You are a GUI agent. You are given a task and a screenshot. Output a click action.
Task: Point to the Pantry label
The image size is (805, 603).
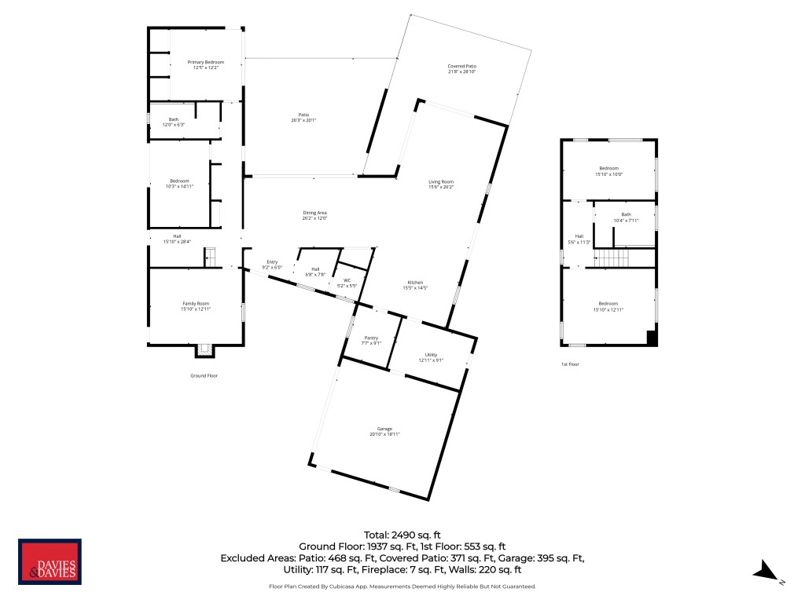[370, 340]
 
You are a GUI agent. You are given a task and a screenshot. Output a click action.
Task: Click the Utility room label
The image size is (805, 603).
[431, 357]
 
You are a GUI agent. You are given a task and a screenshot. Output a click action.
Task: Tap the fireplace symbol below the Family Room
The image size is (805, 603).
[204, 350]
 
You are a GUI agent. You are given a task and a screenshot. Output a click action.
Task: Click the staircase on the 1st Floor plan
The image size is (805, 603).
[613, 258]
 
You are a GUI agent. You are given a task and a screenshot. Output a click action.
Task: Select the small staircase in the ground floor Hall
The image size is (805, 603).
[210, 257]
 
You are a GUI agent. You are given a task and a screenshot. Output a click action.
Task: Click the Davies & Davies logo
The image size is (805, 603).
[50, 562]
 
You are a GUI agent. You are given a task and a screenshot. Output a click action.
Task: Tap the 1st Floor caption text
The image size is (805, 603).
[570, 365]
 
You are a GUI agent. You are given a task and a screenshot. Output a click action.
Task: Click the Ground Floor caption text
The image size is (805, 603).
[204, 376]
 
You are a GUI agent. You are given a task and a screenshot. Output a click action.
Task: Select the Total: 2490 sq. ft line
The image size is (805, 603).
[402, 534]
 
